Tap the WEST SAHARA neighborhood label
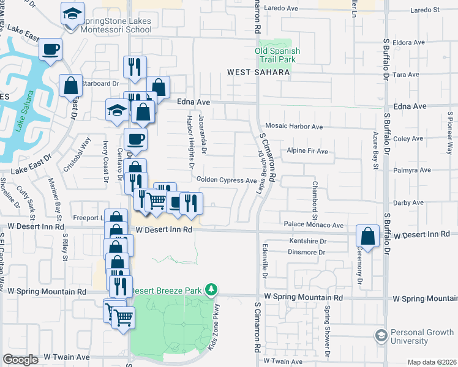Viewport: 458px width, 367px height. coord(258,72)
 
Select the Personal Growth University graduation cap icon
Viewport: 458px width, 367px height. coord(381,335)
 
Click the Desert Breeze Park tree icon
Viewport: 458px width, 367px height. coord(211,289)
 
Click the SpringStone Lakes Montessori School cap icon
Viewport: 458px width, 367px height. coord(72,13)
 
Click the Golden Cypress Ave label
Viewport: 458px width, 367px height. coord(227,180)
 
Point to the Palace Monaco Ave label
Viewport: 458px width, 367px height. coord(312,225)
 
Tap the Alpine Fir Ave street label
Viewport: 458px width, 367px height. coord(307,151)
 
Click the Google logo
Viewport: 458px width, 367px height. coord(21,360)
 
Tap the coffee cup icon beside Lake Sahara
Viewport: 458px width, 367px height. coord(51,49)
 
